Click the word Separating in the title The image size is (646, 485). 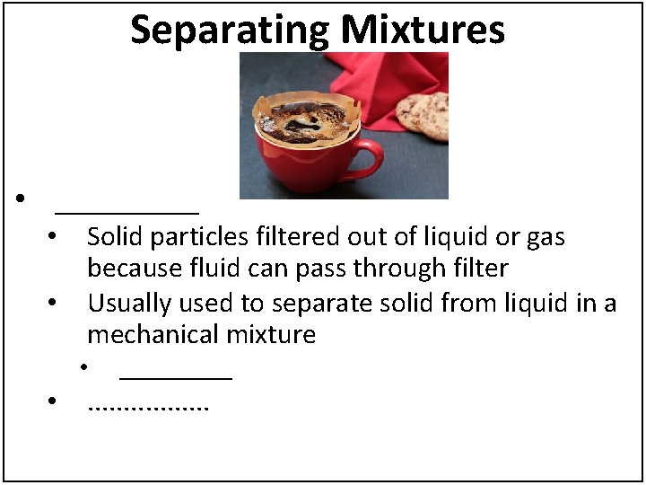point(231,30)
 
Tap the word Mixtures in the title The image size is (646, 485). point(423,30)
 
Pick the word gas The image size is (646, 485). point(546,237)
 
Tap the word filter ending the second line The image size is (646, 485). point(484,269)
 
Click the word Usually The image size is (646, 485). point(129,304)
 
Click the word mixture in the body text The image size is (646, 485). point(269,335)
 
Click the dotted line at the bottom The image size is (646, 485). point(148,408)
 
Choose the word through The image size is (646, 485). point(406,269)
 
